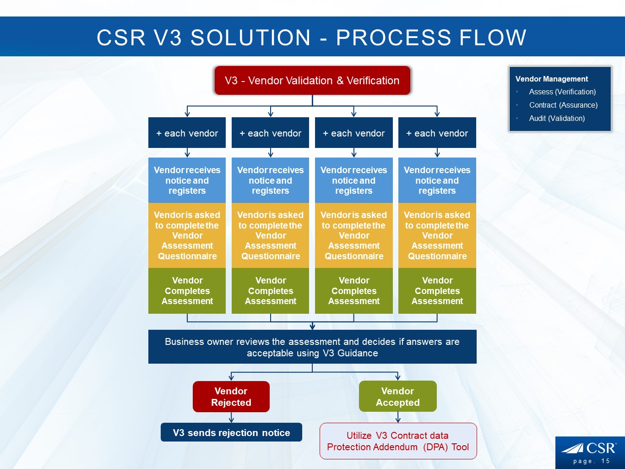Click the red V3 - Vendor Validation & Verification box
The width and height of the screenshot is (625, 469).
pos(312,81)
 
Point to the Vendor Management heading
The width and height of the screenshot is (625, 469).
pos(551,79)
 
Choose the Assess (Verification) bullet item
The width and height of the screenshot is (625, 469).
pos(562,92)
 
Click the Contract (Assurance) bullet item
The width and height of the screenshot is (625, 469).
pos(563,105)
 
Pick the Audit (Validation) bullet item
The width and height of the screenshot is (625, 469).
pos(557,118)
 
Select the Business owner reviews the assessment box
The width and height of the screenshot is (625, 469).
pos(312,347)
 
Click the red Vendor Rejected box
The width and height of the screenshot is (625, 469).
pos(231,397)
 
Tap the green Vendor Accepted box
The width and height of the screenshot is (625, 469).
pos(397,397)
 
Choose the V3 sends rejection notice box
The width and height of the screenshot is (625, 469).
pos(231,432)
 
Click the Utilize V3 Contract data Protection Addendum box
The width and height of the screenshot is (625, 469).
pos(398,441)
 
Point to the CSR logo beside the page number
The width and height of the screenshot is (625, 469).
pos(589,447)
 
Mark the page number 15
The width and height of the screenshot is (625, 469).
pos(606,461)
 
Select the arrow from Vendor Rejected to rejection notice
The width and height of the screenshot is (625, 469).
pos(231,417)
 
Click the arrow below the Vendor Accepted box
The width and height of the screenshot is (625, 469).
pos(398,417)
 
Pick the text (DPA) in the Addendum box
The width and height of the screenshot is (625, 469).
pos(436,447)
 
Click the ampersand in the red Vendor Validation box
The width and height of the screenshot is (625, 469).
pos(340,81)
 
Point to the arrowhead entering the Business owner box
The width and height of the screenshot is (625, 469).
pos(312,327)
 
